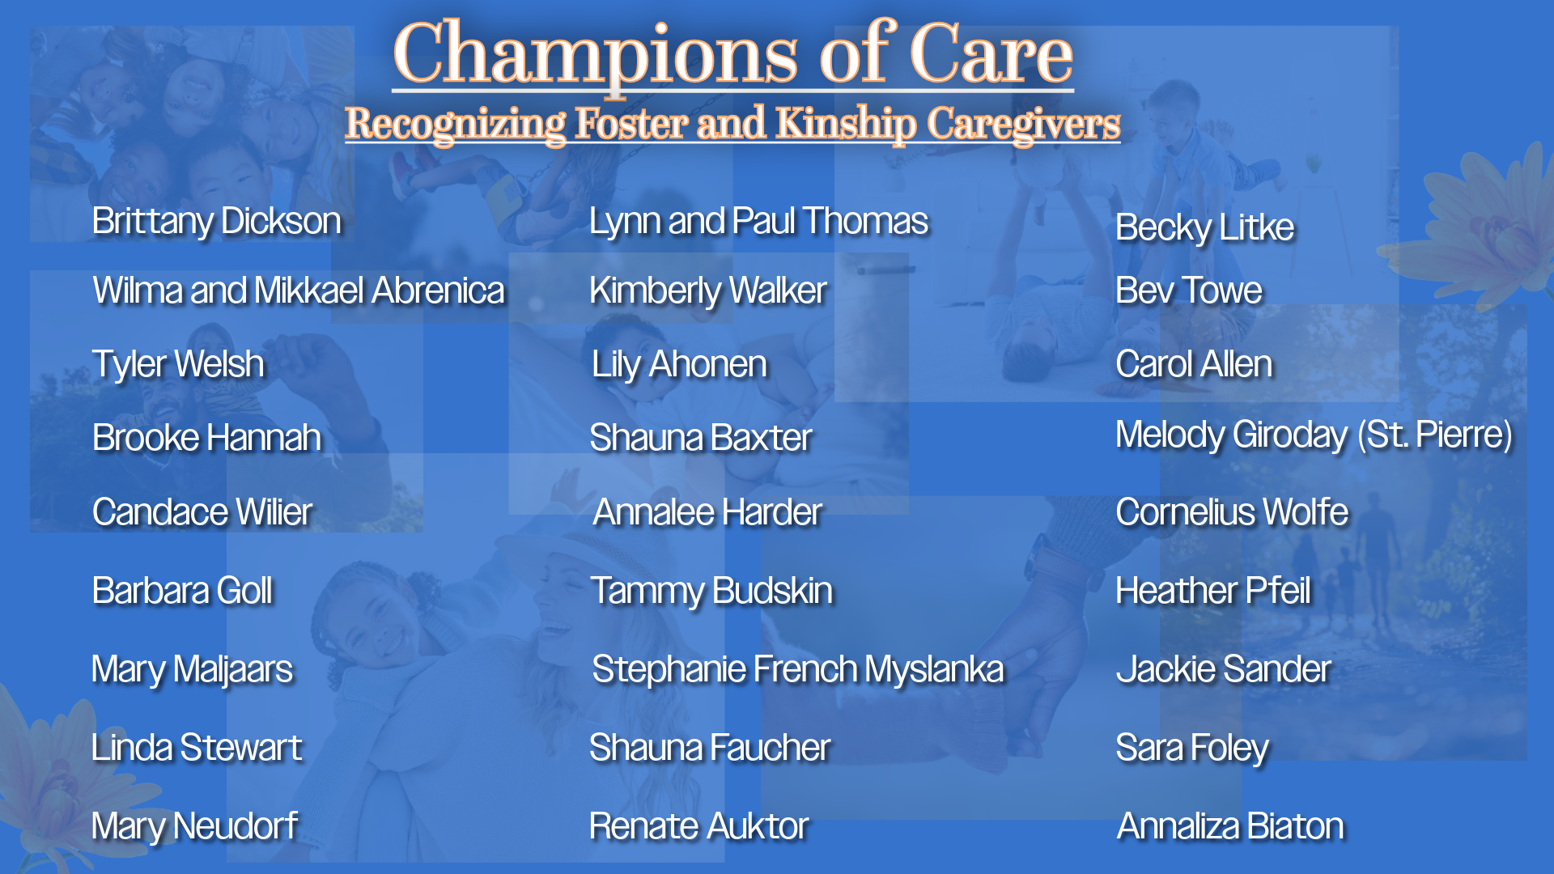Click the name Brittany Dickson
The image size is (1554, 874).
click(216, 221)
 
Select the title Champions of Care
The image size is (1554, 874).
click(733, 53)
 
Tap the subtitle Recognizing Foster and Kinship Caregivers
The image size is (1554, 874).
click(732, 124)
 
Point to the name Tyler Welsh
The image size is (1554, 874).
click(178, 364)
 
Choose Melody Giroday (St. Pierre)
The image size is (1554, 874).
click(1314, 435)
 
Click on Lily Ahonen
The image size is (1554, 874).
click(679, 364)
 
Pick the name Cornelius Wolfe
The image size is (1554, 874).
click(1232, 512)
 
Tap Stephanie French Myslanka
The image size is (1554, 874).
click(798, 669)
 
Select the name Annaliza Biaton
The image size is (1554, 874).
click(1230, 826)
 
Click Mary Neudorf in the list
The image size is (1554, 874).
click(194, 826)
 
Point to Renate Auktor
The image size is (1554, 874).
click(699, 826)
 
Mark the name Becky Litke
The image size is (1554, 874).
click(1204, 227)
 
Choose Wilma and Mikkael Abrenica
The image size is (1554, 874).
click(299, 291)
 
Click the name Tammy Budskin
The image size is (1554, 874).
click(711, 591)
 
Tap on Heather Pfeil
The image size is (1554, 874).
click(1212, 591)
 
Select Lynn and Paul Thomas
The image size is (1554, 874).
click(758, 221)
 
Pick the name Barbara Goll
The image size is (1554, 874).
click(182, 591)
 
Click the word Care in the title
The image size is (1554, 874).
click(991, 53)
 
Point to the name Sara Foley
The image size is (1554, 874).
click(1192, 748)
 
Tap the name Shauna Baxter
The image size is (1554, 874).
click(700, 438)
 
